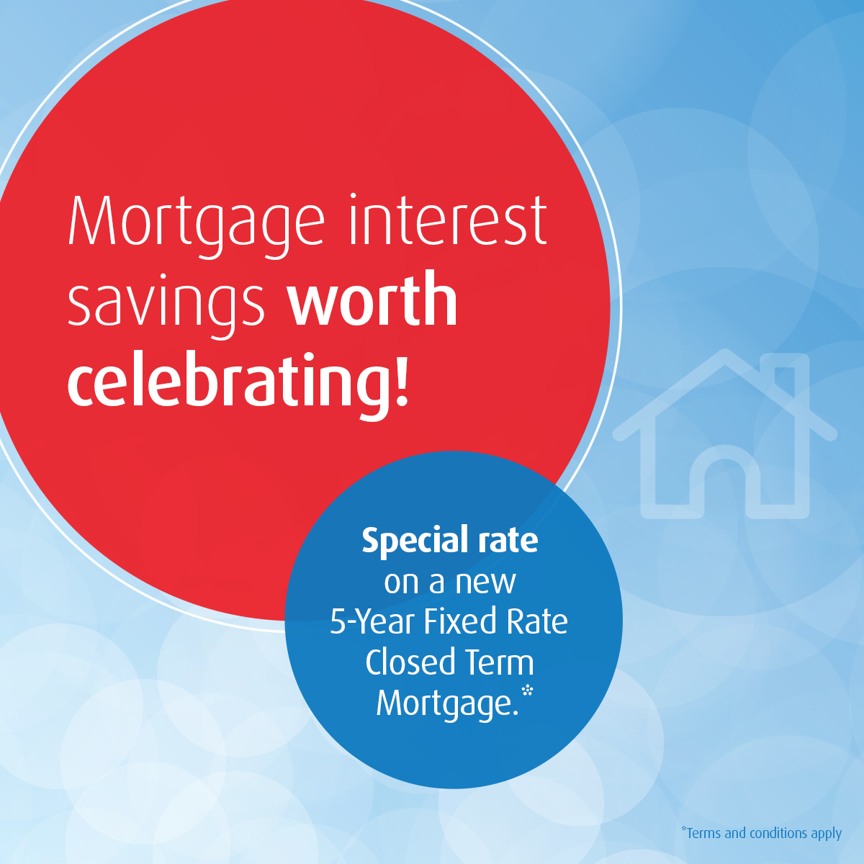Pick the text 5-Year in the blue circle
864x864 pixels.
click(372, 621)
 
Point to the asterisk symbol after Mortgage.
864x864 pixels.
click(528, 690)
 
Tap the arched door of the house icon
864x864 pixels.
click(726, 479)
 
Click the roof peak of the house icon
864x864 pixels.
click(726, 356)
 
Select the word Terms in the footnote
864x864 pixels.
click(703, 833)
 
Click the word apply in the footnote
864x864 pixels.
click(825, 834)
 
